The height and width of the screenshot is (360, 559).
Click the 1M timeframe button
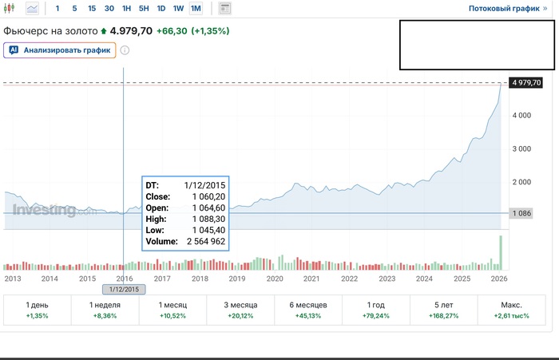(196, 9)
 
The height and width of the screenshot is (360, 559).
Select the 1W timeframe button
(178, 9)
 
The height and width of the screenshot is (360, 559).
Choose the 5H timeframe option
(144, 9)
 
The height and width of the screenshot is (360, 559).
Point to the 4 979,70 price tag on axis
(526, 83)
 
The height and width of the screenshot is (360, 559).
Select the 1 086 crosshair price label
(520, 213)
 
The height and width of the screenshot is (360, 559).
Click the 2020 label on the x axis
(275, 279)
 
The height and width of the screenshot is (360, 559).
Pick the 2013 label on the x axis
(13, 279)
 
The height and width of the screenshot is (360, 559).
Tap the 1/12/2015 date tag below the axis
(125, 289)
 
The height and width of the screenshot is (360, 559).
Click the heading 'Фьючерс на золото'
(50, 30)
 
